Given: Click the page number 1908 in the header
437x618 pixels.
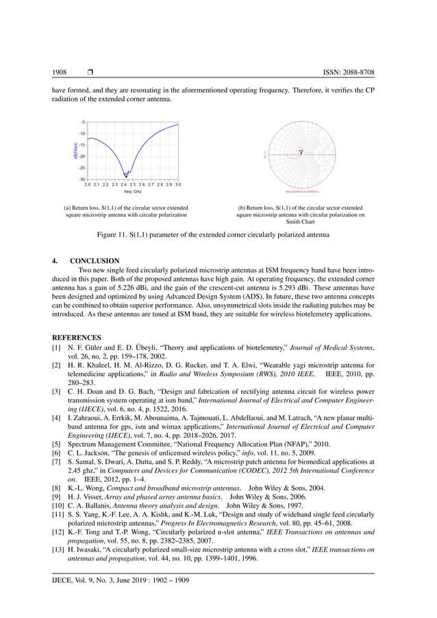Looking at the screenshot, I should [60, 73].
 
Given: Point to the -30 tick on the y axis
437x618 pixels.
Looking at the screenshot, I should [82, 179].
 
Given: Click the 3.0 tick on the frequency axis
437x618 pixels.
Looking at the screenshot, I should [178, 185].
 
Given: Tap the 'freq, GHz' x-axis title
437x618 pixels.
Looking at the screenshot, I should [132, 191].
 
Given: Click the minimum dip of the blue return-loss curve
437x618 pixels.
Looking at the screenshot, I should [125, 174].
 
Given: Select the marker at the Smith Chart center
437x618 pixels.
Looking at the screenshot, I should [301, 150].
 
